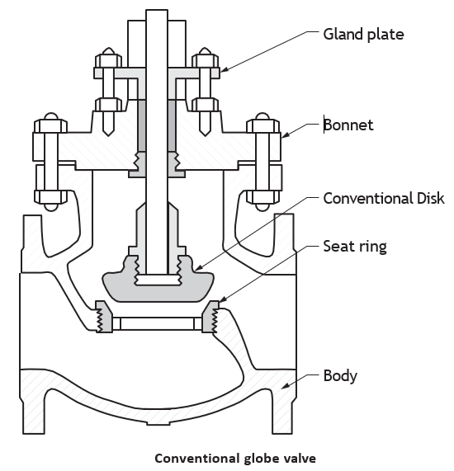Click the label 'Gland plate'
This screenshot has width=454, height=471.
[x=363, y=35]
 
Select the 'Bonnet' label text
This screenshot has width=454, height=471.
[x=348, y=125]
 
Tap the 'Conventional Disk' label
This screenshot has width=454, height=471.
[x=384, y=198]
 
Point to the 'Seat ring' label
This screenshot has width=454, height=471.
[x=355, y=247]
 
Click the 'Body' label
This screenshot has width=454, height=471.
[x=340, y=376]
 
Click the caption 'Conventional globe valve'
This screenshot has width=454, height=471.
[x=235, y=459]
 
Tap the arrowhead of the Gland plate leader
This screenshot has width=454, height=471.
[x=224, y=69]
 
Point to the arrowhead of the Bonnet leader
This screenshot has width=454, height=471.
[x=285, y=135]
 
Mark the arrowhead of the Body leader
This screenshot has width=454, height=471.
[x=286, y=385]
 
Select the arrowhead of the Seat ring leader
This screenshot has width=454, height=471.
[x=223, y=299]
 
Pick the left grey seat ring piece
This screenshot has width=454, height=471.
[x=104, y=317]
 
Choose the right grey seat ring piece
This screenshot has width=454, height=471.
[x=210, y=317]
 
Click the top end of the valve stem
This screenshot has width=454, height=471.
[x=157, y=10]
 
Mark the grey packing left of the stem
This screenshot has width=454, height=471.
[x=142, y=125]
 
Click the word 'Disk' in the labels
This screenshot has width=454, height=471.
[x=431, y=198]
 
